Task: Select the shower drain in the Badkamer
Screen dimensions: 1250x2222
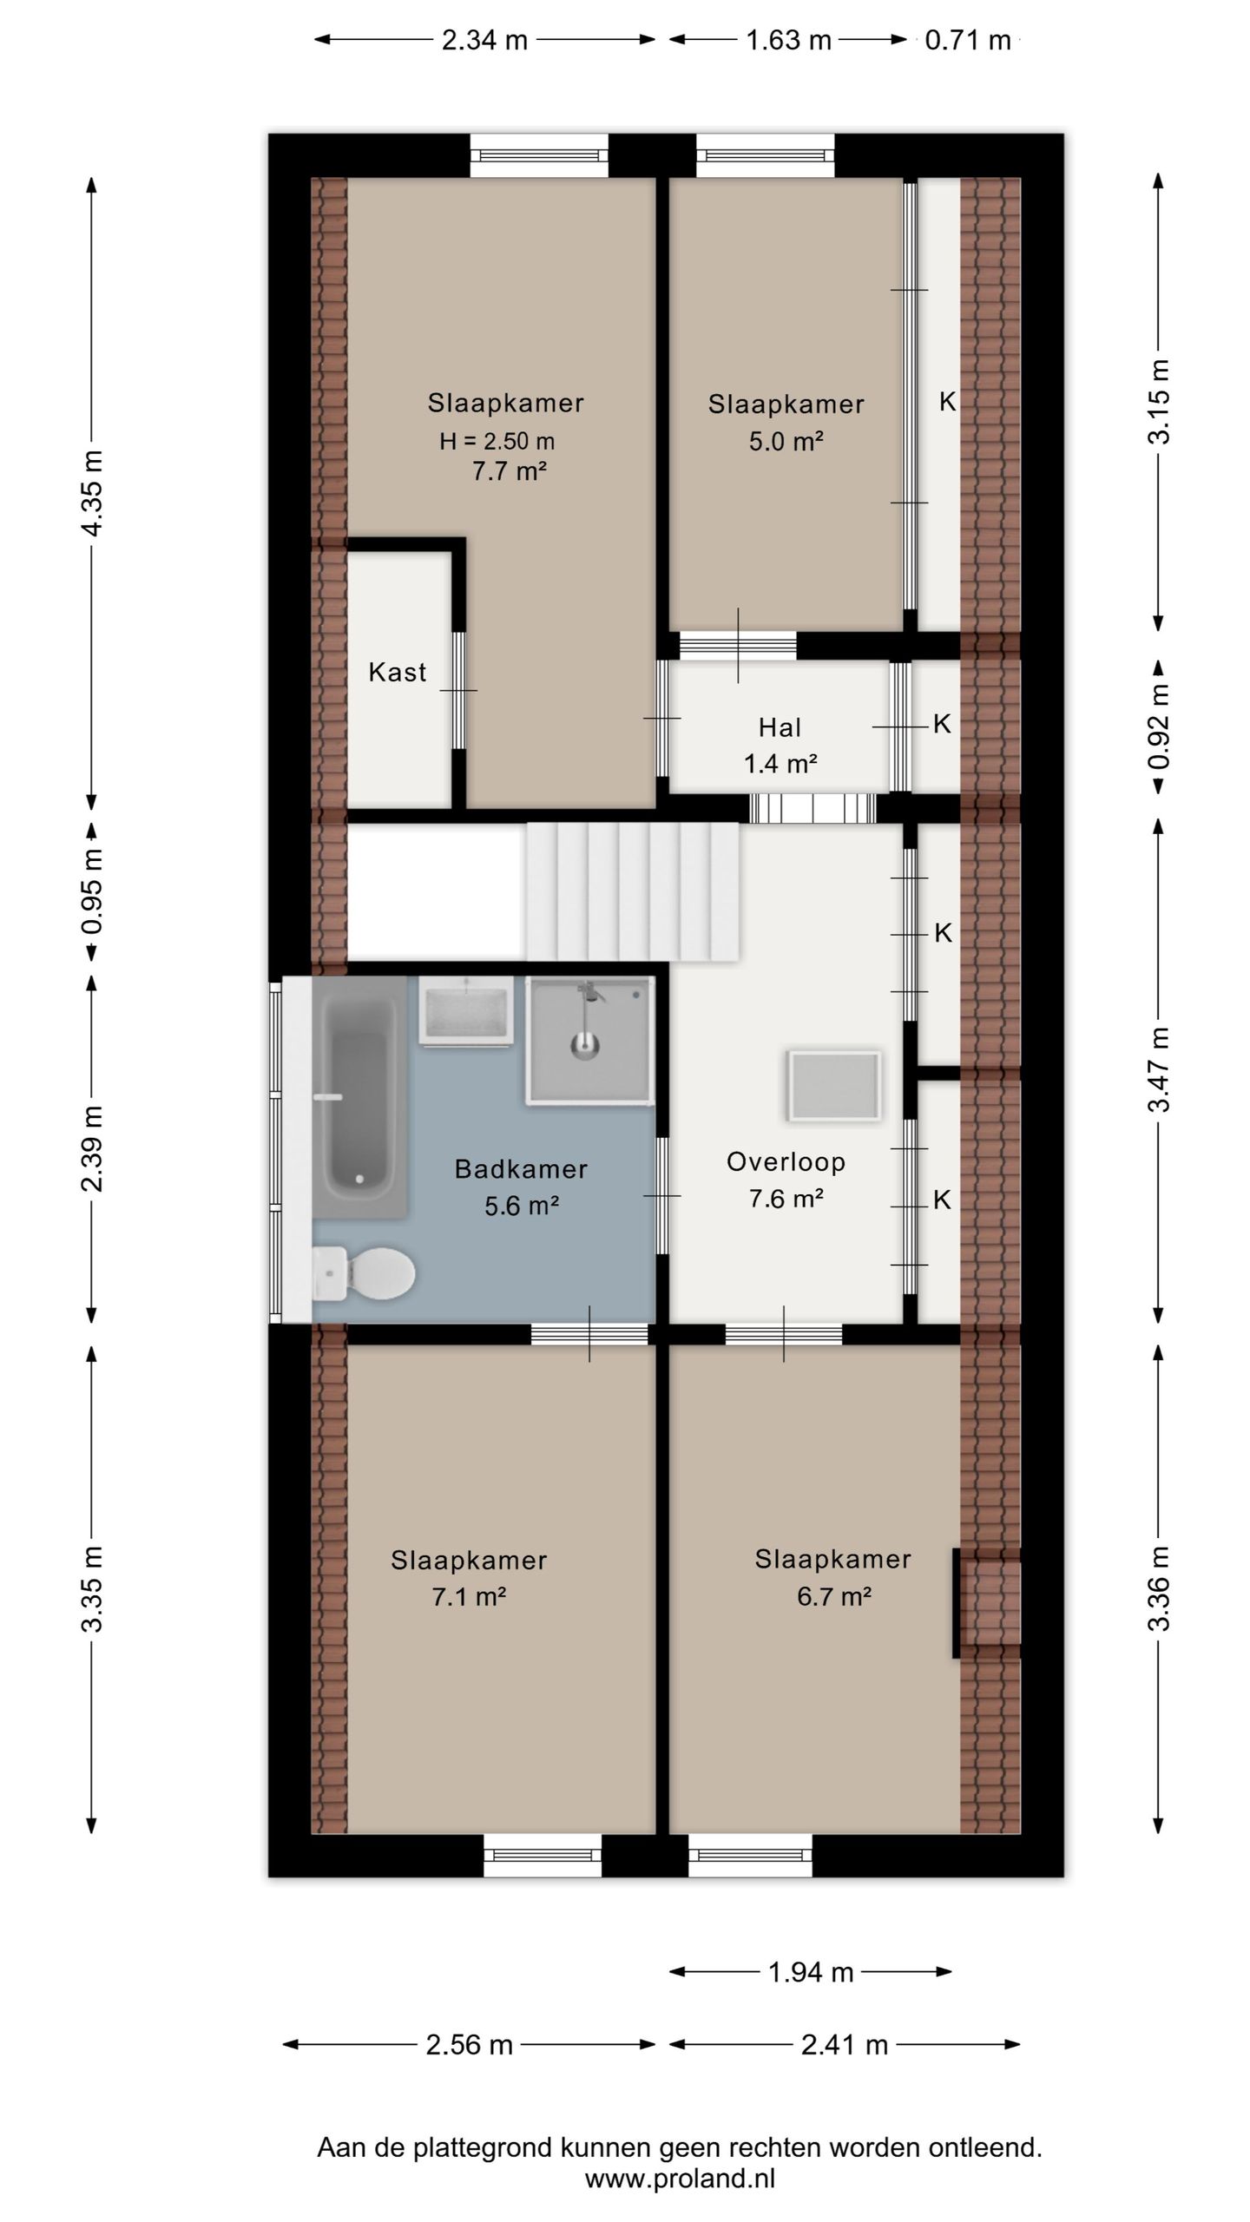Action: [x=586, y=1045]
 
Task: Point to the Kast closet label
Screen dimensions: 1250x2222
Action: [x=398, y=672]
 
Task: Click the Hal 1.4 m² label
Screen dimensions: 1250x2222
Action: [x=780, y=746]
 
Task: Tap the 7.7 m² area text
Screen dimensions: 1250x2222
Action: [x=509, y=471]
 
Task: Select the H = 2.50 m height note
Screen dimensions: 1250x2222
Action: [x=497, y=441]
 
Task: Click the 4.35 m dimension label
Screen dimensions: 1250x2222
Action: [x=92, y=493]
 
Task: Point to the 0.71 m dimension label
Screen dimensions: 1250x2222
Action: [x=968, y=40]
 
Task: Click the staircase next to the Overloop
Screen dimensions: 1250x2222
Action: [x=631, y=891]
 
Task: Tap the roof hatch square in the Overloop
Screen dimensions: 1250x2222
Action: [x=833, y=1086]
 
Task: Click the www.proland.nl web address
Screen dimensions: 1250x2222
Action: [x=680, y=2179]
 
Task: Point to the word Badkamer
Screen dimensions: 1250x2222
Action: [x=521, y=1169]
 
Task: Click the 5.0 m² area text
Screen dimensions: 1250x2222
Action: [x=786, y=442]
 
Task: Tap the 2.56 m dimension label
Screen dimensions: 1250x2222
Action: [x=470, y=2045]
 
